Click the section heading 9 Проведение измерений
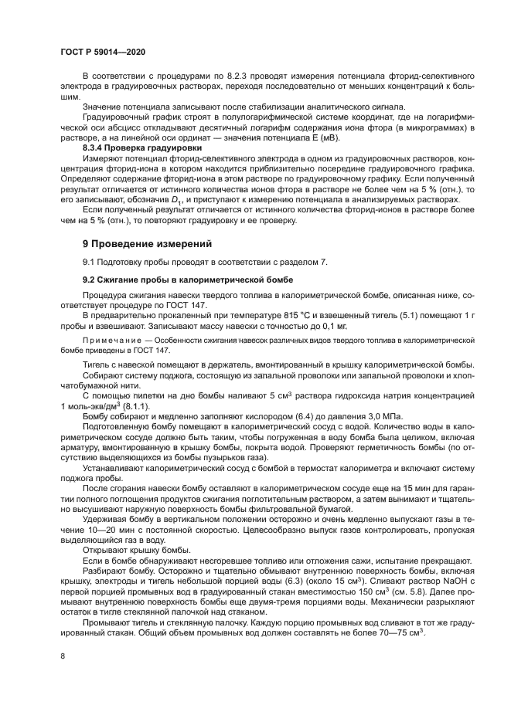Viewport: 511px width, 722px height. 147,244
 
